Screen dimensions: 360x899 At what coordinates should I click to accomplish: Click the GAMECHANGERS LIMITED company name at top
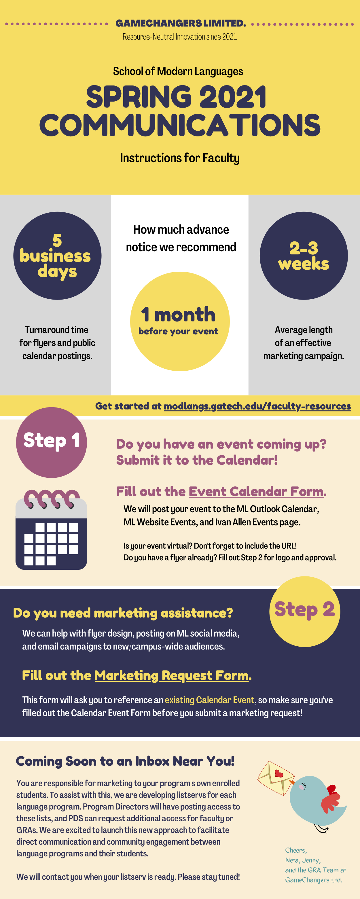[181, 23]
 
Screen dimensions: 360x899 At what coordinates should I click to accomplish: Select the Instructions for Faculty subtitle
[180, 158]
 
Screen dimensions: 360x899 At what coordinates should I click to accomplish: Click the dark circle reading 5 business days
[57, 256]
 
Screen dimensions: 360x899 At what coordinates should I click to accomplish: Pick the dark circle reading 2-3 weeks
[304, 256]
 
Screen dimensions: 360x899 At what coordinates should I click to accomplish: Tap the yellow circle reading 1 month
[180, 321]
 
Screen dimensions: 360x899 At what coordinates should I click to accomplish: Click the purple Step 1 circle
[51, 443]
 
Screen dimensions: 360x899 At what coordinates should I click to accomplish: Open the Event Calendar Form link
[256, 492]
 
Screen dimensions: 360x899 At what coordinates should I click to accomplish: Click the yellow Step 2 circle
[304, 612]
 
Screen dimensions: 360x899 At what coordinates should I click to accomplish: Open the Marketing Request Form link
[171, 676]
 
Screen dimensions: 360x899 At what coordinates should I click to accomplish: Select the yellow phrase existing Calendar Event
[209, 700]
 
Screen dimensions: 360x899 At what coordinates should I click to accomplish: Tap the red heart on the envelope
[279, 774]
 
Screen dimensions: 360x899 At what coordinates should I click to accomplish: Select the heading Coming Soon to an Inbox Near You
[125, 761]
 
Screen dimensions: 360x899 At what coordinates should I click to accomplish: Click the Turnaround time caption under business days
[57, 343]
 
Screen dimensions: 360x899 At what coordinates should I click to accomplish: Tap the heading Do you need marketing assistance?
[123, 613]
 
